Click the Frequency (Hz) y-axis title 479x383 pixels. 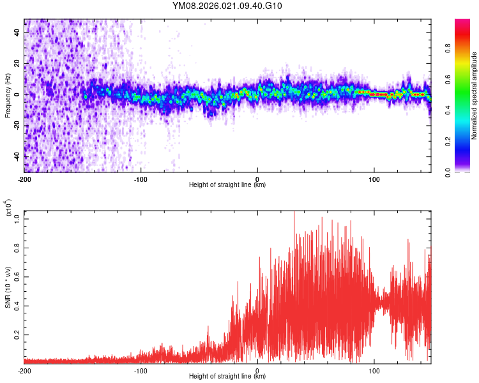(x=8, y=95)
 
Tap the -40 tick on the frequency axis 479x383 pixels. (x=15, y=156)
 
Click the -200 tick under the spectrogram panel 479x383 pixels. (x=24, y=179)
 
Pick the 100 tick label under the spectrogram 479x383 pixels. (x=374, y=179)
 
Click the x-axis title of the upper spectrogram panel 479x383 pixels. (x=227, y=185)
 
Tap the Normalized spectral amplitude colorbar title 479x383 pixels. (x=475, y=95)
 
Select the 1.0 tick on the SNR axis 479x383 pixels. (x=17, y=218)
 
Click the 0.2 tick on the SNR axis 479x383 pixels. (x=17, y=334)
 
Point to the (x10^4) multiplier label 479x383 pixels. (x=9, y=207)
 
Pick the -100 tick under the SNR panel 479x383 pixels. (x=141, y=370)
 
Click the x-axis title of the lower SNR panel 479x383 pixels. (x=227, y=377)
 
